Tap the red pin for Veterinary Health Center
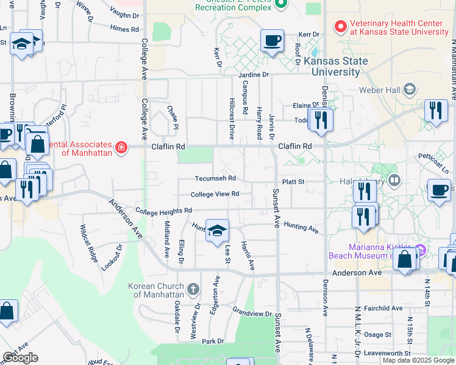340,27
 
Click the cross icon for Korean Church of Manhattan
193,289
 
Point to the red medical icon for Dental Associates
121,147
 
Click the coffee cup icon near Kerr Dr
272,41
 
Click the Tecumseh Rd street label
215,179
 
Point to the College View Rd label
214,195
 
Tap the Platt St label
293,181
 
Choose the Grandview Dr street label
252,313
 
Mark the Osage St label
378,335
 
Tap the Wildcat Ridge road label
89,243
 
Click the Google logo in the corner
20,358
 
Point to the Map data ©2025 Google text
418,360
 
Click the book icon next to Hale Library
395,181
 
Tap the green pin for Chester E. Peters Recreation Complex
280,5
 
